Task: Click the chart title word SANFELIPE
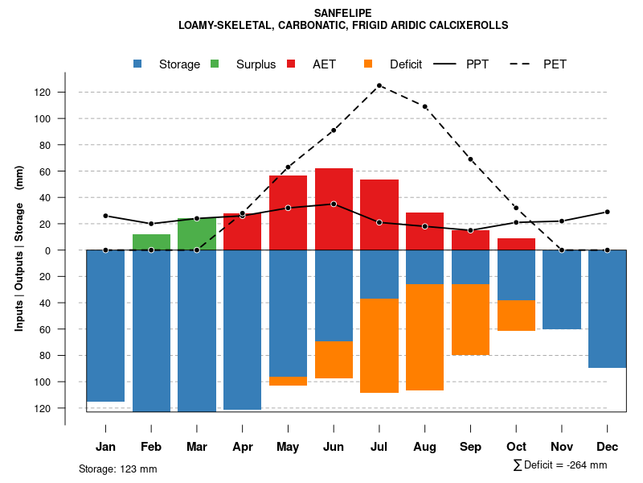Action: tap(343, 13)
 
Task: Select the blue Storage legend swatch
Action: tap(139, 64)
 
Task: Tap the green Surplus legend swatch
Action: tap(215, 64)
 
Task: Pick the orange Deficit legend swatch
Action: tap(369, 64)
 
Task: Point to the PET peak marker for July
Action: tap(379, 85)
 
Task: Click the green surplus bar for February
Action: tap(151, 242)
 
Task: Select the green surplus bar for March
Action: tap(197, 234)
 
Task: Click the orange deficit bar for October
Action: tap(516, 316)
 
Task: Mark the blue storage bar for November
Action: tap(562, 290)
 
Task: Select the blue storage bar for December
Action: tap(607, 309)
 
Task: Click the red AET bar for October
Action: tap(516, 244)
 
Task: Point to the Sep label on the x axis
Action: tap(470, 447)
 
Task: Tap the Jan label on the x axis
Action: tap(105, 447)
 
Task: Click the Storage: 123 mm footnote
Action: tap(118, 469)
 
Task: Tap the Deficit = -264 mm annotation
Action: tap(560, 465)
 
